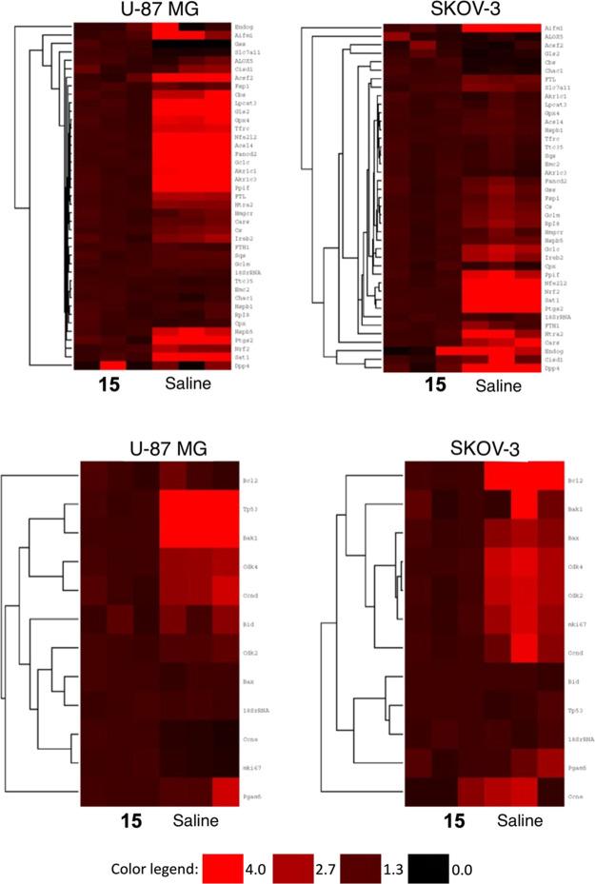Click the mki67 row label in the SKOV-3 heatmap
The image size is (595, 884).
(x=575, y=626)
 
